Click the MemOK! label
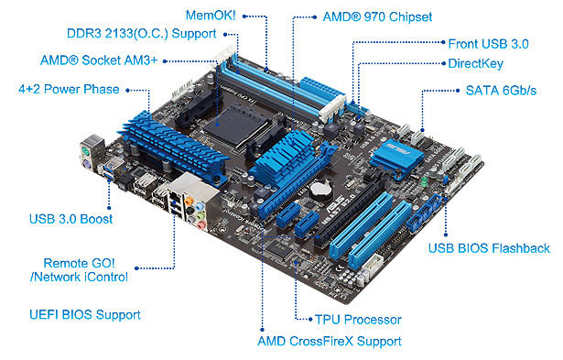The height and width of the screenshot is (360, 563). click(211, 16)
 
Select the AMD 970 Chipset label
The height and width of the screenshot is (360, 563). click(377, 16)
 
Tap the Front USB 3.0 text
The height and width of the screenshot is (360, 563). click(488, 44)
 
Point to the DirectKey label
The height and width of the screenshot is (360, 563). click(476, 63)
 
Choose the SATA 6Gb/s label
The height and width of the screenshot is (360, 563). click(501, 90)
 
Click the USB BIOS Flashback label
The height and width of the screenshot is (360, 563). click(489, 248)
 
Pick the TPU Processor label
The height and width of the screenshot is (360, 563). click(358, 320)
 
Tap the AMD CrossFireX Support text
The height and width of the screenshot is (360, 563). click(330, 341)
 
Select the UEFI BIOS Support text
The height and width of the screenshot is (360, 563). click(85, 315)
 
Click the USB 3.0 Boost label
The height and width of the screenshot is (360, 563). click(71, 219)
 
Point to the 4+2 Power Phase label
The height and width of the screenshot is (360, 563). click(69, 89)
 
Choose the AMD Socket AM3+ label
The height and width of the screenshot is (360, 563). click(99, 60)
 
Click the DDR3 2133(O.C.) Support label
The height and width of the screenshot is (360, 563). click(142, 33)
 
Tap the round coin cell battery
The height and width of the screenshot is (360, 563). click(319, 190)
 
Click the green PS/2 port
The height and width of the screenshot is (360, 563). click(85, 151)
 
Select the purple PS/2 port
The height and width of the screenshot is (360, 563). click(87, 165)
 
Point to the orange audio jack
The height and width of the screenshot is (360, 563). click(189, 200)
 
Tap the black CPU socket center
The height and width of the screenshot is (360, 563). click(229, 124)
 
